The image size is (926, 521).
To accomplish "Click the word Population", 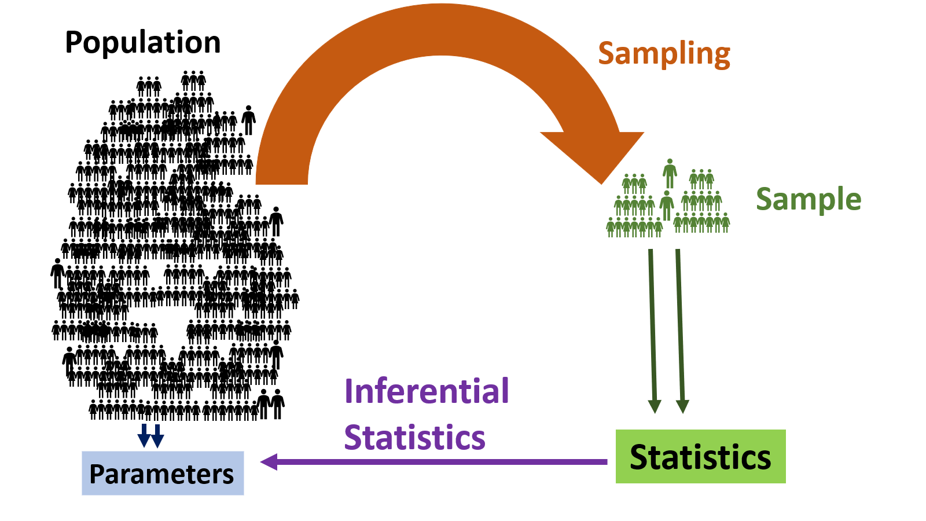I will (142, 43).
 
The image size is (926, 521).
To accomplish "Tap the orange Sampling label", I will (664, 54).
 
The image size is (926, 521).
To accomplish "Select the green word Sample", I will (809, 199).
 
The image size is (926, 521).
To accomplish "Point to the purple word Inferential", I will (427, 391).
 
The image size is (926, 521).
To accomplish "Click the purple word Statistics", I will (414, 438).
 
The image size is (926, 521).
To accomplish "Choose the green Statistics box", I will (700, 457).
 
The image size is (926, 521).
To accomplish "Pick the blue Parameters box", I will (163, 474).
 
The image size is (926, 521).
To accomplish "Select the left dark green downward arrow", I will (653, 330).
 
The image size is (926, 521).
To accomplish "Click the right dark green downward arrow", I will (680, 330).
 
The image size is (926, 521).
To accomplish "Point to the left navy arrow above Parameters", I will (144, 436).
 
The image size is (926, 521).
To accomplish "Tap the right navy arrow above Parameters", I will (157, 436).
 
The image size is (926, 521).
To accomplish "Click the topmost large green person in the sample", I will (670, 173).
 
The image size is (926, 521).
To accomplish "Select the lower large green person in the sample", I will (667, 204).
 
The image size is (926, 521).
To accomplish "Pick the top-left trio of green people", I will (634, 184).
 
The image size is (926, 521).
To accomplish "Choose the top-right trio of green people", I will (701, 179).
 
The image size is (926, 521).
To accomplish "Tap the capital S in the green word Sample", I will (765, 199).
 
